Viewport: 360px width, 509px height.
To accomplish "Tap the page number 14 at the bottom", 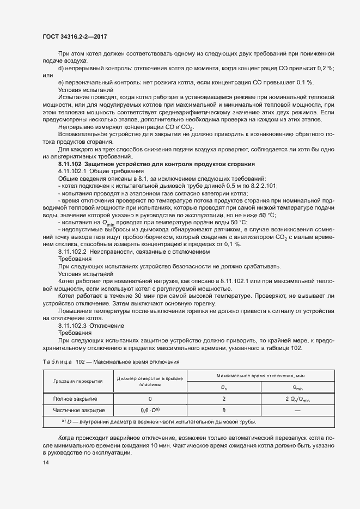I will pyautogui.click(x=46, y=463).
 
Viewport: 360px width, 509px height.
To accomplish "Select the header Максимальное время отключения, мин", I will pyautogui.click(x=261, y=376).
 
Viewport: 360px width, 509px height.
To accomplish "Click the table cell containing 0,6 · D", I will pyautogui.click(x=149, y=410).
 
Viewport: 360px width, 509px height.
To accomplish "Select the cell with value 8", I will pyautogui.click(x=224, y=410).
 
